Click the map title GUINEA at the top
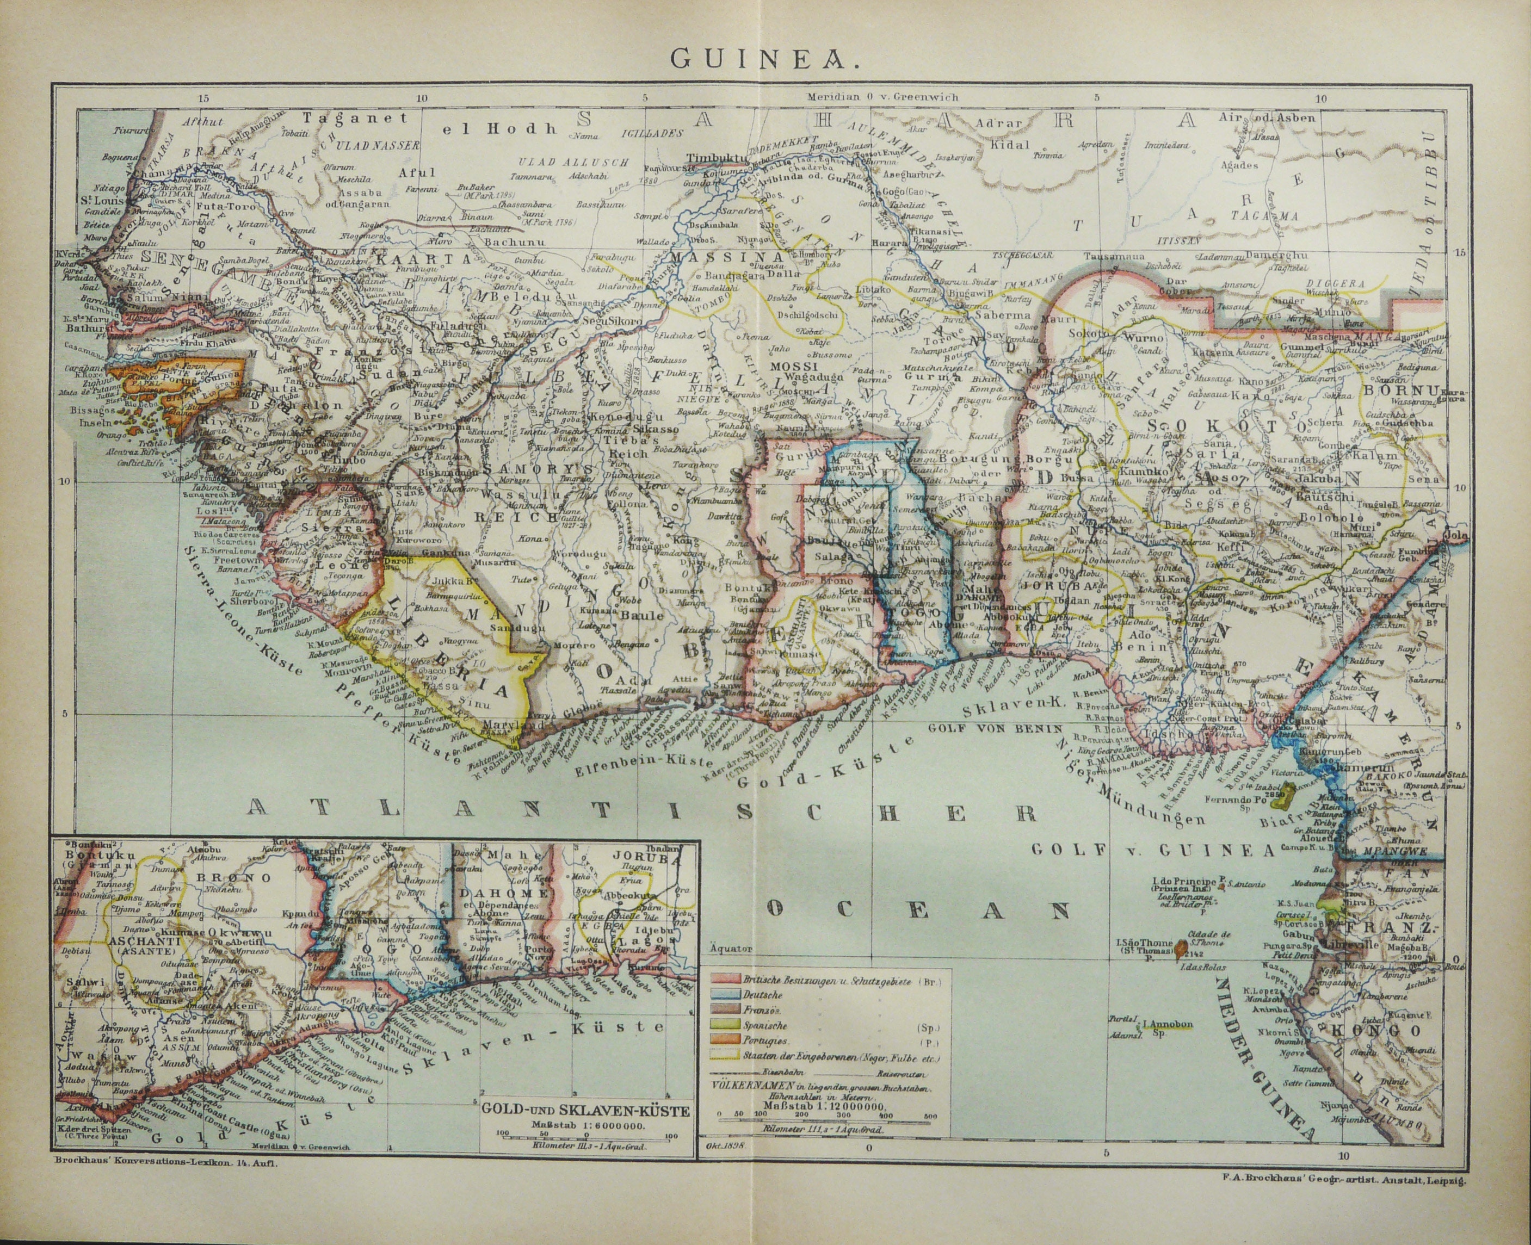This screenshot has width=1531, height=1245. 765,59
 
